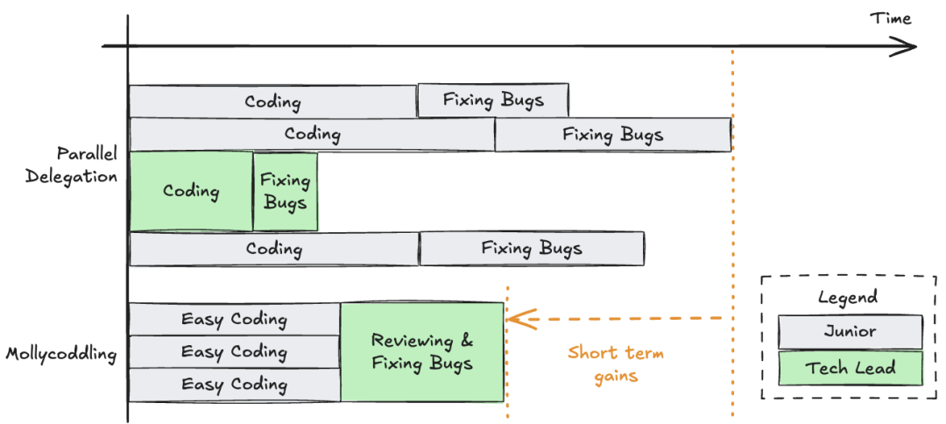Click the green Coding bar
191,191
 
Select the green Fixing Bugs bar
286,191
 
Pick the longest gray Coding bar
312,134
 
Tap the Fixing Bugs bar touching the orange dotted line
613,134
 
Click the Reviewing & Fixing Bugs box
422,352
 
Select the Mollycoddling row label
61,354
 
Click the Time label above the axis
890,18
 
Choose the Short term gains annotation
616,364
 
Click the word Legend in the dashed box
847,297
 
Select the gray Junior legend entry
850,332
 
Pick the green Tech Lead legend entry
850,368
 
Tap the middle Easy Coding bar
234,352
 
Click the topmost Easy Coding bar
234,319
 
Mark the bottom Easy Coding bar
234,385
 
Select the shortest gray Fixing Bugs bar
493,100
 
